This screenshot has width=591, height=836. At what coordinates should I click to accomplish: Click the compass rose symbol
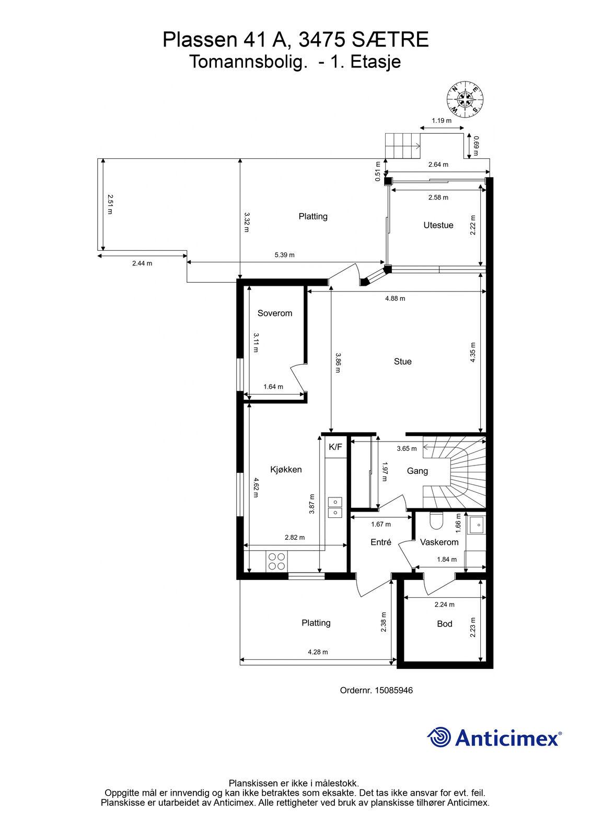(465, 99)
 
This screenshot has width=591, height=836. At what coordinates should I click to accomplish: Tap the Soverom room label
(275, 313)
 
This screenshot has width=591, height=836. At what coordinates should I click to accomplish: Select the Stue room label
(402, 361)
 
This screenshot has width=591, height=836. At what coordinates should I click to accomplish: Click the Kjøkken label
(286, 470)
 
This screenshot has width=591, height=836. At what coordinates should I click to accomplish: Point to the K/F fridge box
(335, 447)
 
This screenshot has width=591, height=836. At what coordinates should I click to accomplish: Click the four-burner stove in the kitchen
(276, 561)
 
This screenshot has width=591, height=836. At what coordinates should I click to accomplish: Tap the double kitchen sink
(335, 507)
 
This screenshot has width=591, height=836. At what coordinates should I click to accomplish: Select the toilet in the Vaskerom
(436, 520)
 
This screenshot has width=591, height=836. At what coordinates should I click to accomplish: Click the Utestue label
(438, 225)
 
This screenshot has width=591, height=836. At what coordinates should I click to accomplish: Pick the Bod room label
(444, 624)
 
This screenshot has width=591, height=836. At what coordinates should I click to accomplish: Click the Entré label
(381, 542)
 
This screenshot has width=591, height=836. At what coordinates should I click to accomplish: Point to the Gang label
(417, 471)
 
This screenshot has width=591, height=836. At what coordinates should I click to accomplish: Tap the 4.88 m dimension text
(395, 298)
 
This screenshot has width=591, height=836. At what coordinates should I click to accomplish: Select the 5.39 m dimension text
(284, 255)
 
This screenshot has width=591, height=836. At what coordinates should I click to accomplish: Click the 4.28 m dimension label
(318, 652)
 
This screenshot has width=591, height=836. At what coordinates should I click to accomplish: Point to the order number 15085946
(393, 690)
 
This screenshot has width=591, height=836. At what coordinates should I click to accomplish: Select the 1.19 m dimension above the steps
(441, 121)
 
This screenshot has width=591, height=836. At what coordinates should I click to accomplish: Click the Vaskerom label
(439, 542)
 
